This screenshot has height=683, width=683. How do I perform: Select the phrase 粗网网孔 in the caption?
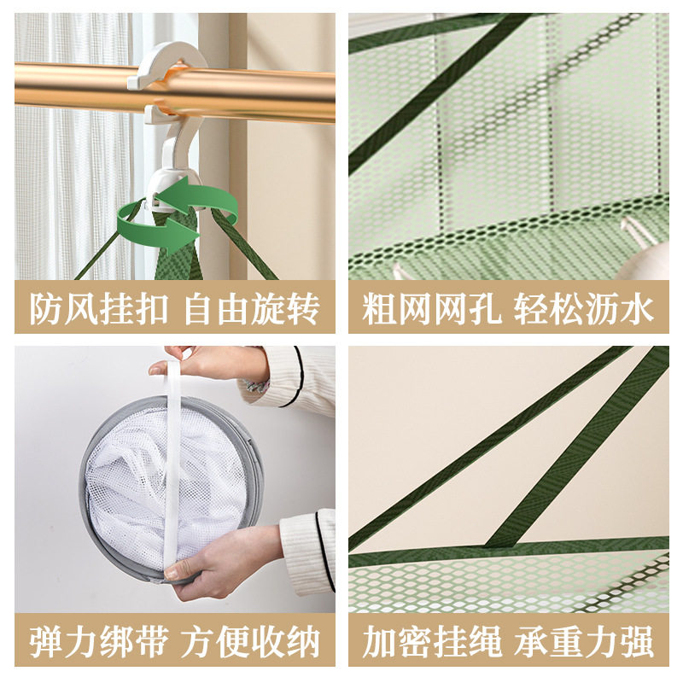pos(430,308)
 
